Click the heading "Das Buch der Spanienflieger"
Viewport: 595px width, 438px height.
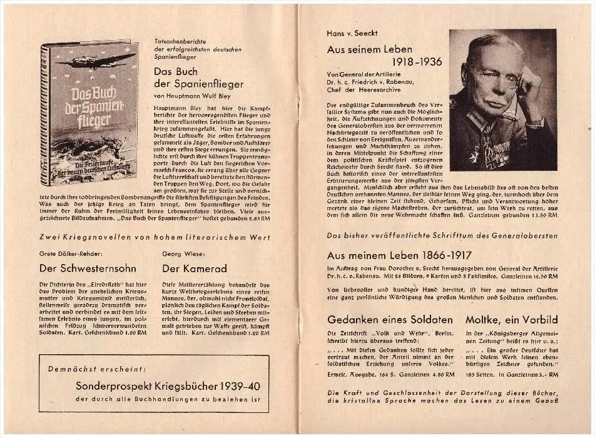click(x=198, y=77)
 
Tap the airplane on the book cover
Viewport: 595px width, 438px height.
click(x=94, y=61)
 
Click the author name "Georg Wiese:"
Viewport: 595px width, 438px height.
click(x=181, y=254)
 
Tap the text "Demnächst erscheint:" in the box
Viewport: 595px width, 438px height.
click(x=97, y=369)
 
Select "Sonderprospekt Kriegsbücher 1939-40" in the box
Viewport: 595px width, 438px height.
click(x=168, y=385)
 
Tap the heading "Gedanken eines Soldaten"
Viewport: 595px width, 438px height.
click(x=391, y=319)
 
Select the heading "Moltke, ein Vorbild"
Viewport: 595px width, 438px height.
click(x=512, y=319)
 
